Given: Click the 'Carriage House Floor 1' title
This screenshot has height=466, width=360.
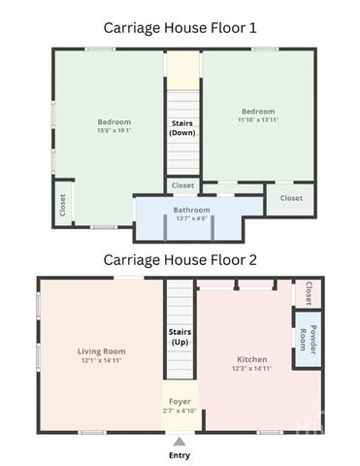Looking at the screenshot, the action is [180, 28].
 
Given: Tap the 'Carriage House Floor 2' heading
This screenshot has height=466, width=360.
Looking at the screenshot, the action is [180, 260].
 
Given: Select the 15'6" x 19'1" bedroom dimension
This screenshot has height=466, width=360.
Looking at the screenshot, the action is [115, 130].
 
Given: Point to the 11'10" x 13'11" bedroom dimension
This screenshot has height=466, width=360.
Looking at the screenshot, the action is [258, 119].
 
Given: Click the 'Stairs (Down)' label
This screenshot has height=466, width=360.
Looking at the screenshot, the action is [182, 128].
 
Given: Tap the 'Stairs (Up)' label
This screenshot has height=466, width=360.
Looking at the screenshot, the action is [180, 337].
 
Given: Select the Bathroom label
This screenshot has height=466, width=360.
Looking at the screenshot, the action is [191, 210].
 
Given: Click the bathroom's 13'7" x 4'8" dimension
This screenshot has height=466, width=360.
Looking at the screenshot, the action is [191, 218].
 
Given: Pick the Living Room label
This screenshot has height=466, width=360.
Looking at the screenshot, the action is [102, 351].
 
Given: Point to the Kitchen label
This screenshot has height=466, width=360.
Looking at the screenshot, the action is [252, 359].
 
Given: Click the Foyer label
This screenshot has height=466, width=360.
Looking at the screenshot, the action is [180, 402].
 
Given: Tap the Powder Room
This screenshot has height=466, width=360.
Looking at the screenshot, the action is [308, 340].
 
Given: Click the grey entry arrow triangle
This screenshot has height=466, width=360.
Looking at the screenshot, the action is [180, 442].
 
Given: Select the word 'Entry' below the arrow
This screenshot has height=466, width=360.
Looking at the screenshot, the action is [180, 455].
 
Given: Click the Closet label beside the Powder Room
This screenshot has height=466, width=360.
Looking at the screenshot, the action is [309, 293].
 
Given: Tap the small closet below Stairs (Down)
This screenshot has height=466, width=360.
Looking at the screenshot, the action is [182, 185].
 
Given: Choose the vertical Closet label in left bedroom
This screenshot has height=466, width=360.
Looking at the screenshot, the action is [63, 205].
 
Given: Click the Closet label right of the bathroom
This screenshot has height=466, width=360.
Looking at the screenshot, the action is [291, 198].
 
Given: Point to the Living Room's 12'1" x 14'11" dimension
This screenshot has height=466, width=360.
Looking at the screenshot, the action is [102, 360].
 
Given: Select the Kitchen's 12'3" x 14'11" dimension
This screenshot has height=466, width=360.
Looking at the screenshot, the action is [252, 368].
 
